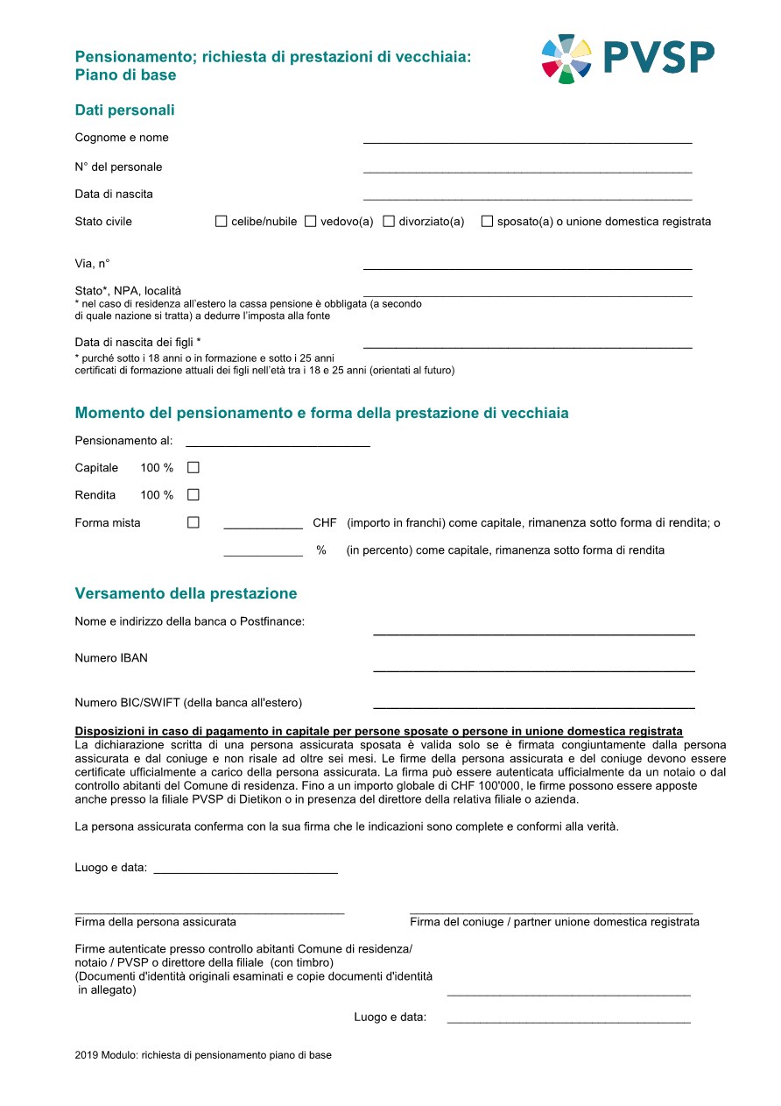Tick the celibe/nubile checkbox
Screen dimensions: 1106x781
(222, 222)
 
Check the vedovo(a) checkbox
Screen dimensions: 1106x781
(311, 222)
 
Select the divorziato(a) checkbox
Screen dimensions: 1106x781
(390, 222)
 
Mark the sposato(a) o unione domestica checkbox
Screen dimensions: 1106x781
(488, 222)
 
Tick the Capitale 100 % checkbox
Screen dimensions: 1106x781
(193, 468)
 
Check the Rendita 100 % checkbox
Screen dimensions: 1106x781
(193, 495)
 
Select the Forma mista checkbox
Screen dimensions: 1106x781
(193, 523)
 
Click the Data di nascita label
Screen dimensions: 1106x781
(114, 195)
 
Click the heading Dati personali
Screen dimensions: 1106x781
(125, 110)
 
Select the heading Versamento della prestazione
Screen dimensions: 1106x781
(186, 594)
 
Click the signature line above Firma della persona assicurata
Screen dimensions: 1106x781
(209, 912)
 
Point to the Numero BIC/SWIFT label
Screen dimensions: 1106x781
(188, 703)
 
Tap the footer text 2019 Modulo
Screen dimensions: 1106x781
(203, 1056)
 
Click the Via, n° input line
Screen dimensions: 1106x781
(527, 266)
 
